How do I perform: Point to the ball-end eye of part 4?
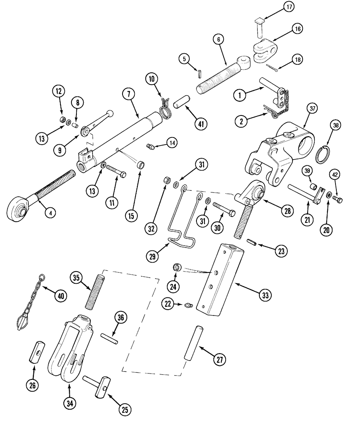[x=17, y=208]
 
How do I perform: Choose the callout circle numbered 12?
[x=59, y=91]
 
